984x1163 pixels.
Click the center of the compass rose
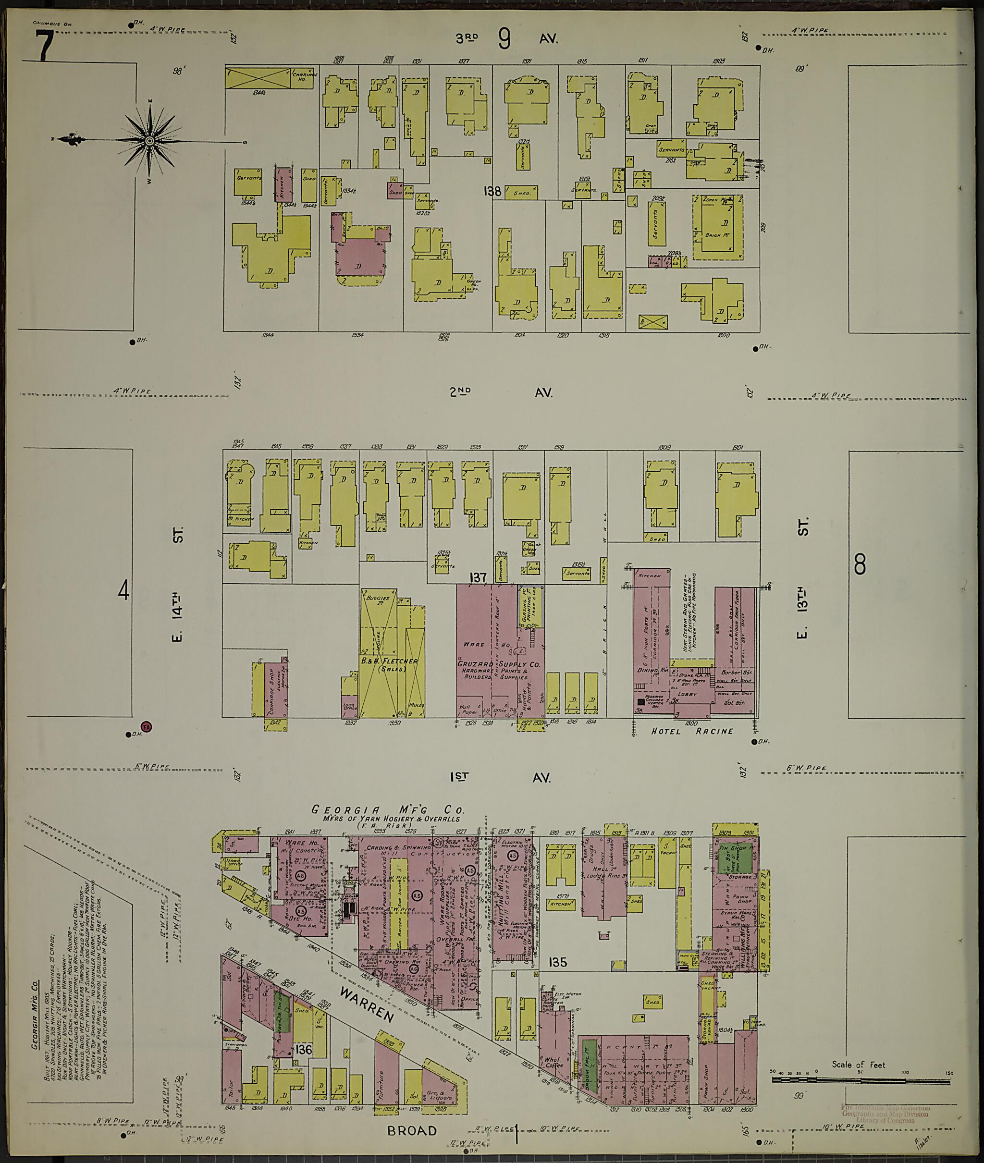(149, 141)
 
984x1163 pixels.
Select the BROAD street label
(412, 1131)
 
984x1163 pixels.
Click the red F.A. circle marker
(147, 727)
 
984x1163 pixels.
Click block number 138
(492, 191)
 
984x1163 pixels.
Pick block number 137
(479, 577)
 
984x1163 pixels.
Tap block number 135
(557, 962)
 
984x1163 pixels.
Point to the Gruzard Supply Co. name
(499, 665)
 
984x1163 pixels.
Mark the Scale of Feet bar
(860, 1081)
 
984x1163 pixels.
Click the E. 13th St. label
(803, 579)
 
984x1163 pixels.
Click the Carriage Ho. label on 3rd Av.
(305, 77)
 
